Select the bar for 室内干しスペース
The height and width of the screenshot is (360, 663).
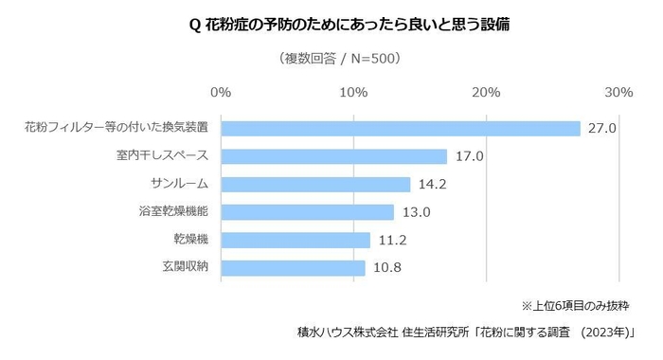coord(333,156)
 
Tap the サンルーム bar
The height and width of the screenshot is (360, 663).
coord(315,184)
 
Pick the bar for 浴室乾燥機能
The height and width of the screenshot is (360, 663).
coord(307,212)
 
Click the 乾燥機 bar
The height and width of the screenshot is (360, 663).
coord(296,240)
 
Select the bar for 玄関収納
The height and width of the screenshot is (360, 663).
coord(293,268)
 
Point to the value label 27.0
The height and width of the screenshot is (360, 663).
coord(602,129)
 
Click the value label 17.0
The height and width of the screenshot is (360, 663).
coord(469,156)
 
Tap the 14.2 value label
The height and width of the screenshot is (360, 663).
coord(433,184)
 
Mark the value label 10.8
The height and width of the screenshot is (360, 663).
coord(387,268)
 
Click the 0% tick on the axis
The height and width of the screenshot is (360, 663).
coord(221,92)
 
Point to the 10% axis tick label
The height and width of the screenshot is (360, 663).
coord(353,92)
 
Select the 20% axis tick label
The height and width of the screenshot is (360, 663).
coord(486,92)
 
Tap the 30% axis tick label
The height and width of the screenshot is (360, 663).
coord(618,92)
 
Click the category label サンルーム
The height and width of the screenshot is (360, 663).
coord(179,184)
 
